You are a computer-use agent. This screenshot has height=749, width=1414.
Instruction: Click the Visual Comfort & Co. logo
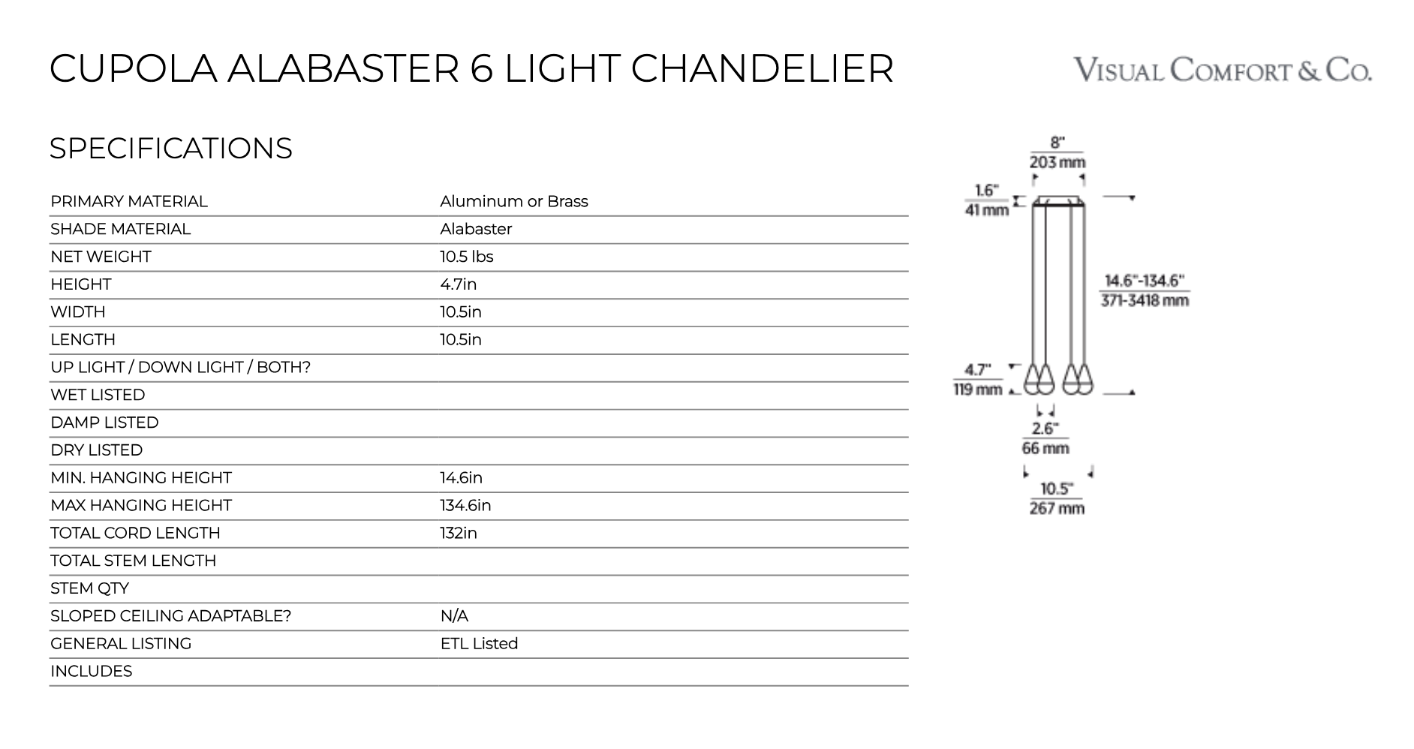pos(1222,70)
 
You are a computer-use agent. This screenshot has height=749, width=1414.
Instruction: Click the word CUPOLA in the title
pos(133,68)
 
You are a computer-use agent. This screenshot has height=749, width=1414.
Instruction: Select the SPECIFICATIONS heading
pos(170,149)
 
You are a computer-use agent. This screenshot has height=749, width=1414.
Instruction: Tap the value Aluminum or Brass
pos(513,201)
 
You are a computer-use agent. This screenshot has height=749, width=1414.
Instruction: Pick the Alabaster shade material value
pos(476,229)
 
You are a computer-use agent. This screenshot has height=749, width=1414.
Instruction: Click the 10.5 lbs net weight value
pos(466,257)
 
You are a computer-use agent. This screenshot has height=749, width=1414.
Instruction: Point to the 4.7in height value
pos(458,284)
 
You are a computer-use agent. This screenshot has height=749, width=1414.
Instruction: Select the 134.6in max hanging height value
pos(465,505)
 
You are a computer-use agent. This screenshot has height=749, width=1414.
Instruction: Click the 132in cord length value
pos(458,533)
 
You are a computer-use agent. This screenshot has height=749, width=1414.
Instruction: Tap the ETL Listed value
pos(479,643)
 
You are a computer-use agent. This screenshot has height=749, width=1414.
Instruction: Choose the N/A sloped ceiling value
pos(454,616)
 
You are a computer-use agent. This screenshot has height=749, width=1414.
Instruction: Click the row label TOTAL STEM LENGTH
pos(133,561)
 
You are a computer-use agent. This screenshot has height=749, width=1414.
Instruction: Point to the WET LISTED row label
pos(98,395)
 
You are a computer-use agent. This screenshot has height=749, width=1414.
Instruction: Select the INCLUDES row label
pos(91,671)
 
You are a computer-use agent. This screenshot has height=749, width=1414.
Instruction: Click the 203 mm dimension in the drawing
pos(1057,162)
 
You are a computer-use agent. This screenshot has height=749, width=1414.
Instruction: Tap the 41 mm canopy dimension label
pos(986,210)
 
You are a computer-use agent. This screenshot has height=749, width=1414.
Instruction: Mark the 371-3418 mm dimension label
pos(1145,301)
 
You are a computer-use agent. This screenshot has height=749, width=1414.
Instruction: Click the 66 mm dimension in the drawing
pos(1045,448)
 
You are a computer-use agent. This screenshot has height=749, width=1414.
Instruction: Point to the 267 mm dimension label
pos(1057,508)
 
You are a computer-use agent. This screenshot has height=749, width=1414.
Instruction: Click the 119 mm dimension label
pos(978,389)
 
